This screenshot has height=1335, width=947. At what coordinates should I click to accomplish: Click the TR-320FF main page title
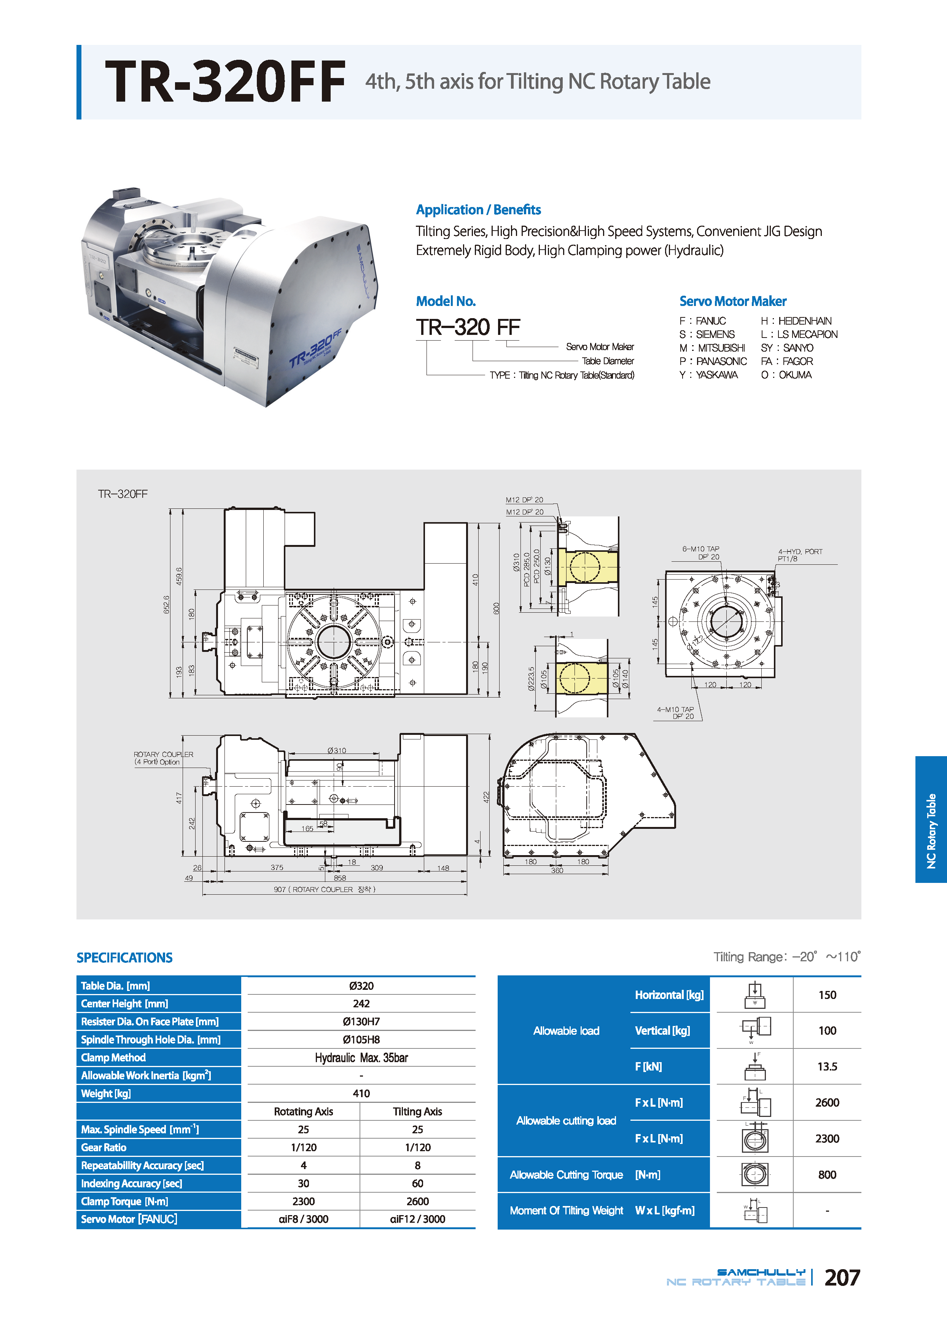pos(225,82)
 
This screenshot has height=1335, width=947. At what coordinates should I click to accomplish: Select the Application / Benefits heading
pos(478,210)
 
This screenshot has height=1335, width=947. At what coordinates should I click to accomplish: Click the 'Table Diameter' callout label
pos(608,361)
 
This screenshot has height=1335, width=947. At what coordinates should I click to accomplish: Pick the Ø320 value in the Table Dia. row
pos(361,986)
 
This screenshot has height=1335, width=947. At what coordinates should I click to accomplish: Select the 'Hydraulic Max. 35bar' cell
pos(361,1058)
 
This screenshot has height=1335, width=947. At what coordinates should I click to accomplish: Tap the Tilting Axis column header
pos(417,1112)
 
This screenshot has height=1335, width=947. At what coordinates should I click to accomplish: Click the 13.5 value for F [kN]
pos(827,1067)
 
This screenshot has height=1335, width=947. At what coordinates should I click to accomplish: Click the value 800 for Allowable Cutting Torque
pos(827,1175)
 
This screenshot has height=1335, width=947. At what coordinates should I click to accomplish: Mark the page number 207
pos(842,1278)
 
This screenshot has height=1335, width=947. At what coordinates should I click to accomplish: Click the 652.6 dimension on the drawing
pos(167,604)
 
